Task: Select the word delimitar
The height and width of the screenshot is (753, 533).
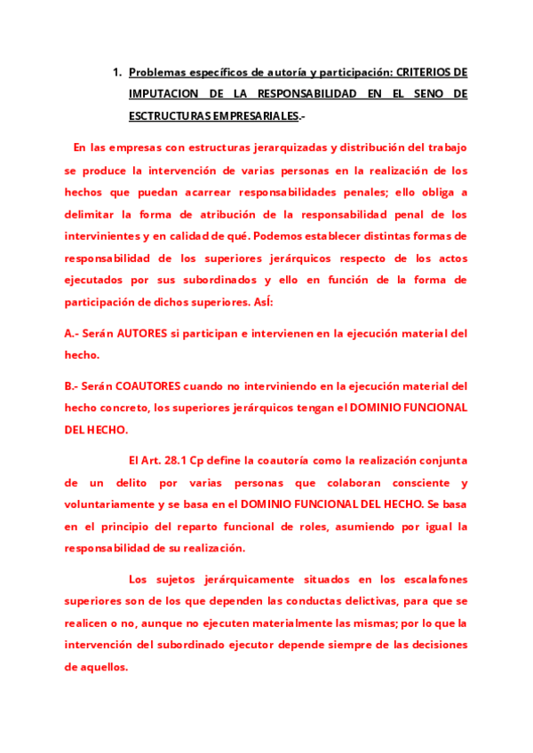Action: [94, 214]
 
